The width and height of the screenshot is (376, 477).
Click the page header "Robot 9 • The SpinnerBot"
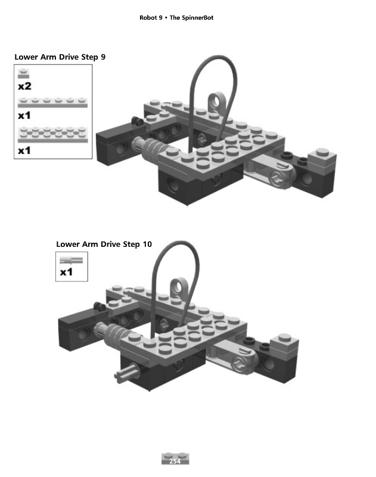pyautogui.click(x=176, y=18)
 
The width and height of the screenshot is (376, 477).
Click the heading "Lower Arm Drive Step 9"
pyautogui.click(x=60, y=57)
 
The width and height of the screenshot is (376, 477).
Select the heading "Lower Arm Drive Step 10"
pyautogui.click(x=104, y=244)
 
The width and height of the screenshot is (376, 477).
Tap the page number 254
pyautogui.click(x=175, y=461)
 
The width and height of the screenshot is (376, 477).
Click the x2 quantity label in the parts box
pyautogui.click(x=24, y=86)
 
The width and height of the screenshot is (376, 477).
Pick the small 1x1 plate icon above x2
pyautogui.click(x=23, y=75)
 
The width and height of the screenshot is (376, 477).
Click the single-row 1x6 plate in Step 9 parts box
pyautogui.click(x=53, y=103)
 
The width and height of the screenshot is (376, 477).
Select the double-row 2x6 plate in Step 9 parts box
pyautogui.click(x=53, y=135)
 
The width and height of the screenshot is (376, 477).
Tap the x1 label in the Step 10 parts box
pyautogui.click(x=66, y=272)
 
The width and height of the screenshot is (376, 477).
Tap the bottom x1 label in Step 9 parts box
pyautogui.click(x=24, y=151)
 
